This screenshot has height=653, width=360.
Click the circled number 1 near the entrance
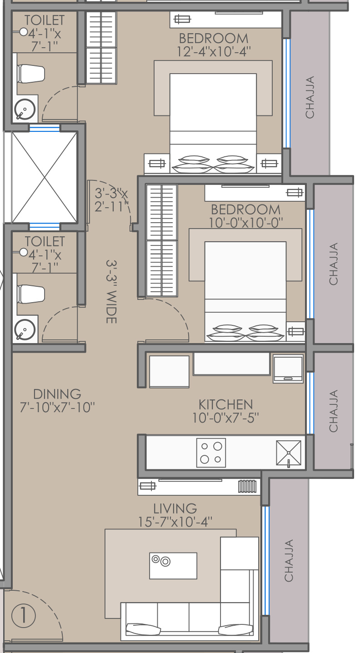(x=24, y=616)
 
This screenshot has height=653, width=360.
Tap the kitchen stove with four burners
(x=211, y=453)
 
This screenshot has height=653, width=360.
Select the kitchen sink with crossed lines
(x=289, y=453)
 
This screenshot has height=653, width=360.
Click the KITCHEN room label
(x=225, y=404)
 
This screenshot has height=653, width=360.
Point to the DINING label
(x=57, y=394)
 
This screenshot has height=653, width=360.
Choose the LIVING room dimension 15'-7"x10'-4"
(x=175, y=522)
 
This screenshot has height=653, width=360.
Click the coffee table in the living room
(x=173, y=566)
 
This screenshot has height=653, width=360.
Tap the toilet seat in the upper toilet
(x=31, y=74)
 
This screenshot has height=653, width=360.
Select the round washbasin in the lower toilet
(x=25, y=330)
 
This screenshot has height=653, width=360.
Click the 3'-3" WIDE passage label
(x=111, y=292)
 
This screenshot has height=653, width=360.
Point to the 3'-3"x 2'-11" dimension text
(x=111, y=199)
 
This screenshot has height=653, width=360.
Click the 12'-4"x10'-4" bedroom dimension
(x=214, y=52)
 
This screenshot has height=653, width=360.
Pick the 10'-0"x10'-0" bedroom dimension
(x=246, y=223)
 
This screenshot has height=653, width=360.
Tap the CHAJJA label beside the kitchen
(x=333, y=411)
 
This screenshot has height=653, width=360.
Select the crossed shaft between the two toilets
(x=44, y=177)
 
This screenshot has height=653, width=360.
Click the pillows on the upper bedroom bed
(x=213, y=164)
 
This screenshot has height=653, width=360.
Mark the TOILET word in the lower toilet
(x=45, y=241)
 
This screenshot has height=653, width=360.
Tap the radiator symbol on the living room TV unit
(x=247, y=486)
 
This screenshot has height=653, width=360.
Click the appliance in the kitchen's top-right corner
(x=288, y=369)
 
